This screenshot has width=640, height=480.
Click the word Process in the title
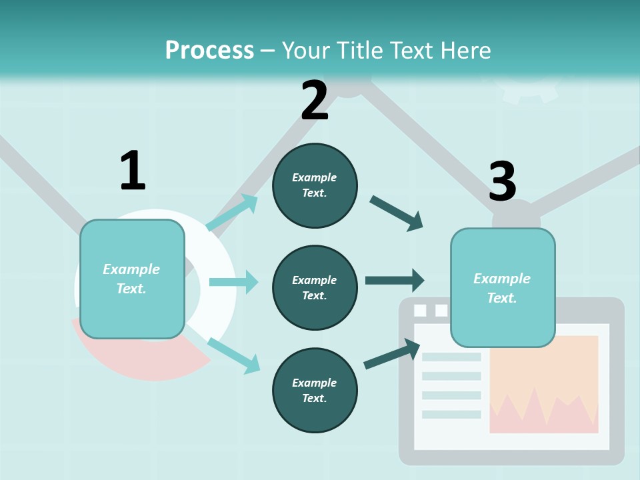pyautogui.click(x=209, y=50)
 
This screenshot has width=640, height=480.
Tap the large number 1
pyautogui.click(x=133, y=171)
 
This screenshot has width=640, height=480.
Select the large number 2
pyautogui.click(x=315, y=101)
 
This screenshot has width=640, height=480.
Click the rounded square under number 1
pyautogui.click(x=132, y=279)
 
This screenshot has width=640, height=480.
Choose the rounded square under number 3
pyautogui.click(x=503, y=287)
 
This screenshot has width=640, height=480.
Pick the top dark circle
pyautogui.click(x=315, y=185)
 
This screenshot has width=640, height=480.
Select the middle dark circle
pyautogui.click(x=315, y=287)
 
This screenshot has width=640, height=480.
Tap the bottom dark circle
pyautogui.click(x=315, y=390)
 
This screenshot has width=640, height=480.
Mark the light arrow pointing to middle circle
pyautogui.click(x=233, y=282)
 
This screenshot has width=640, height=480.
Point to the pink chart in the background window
pyautogui.click(x=543, y=413)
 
